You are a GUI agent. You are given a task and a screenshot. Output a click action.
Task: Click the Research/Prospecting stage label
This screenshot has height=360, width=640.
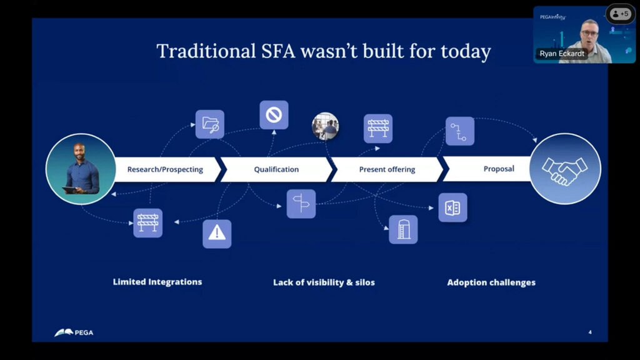click(x=165, y=169)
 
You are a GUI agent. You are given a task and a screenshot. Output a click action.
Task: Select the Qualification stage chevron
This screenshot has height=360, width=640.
click(x=276, y=169)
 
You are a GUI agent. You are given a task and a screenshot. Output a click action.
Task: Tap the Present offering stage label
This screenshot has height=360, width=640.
click(x=387, y=169)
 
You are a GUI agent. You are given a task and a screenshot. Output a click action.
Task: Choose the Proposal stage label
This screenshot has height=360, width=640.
click(x=499, y=169)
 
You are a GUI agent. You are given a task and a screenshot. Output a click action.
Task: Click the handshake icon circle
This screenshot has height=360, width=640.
click(x=565, y=168)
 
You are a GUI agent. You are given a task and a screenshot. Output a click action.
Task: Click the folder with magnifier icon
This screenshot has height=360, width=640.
click(x=209, y=124)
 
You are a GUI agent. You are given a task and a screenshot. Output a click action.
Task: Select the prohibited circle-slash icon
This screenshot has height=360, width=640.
click(x=274, y=115)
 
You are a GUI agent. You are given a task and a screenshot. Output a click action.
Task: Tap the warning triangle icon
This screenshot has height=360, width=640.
click(x=217, y=234)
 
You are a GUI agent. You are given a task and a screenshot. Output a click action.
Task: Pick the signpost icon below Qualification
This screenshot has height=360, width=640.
click(x=301, y=204)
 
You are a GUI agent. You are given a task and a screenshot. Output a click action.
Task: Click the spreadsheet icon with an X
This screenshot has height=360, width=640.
click(x=452, y=207)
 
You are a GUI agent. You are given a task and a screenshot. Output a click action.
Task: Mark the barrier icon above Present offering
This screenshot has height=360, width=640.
click(x=378, y=128)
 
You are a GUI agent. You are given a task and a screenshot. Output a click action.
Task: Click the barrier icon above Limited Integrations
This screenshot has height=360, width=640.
click(x=148, y=223)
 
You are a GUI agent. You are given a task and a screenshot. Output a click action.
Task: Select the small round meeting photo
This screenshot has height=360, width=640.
click(x=325, y=126)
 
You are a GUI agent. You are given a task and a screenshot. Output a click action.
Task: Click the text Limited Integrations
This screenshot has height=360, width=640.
click(x=157, y=282)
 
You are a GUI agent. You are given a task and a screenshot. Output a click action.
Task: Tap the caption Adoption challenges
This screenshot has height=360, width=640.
click(x=491, y=282)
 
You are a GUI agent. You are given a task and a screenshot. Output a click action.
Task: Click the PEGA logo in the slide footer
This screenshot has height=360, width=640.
click(x=74, y=332)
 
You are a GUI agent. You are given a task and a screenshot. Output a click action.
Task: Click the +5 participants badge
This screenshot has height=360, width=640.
click(x=620, y=13)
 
